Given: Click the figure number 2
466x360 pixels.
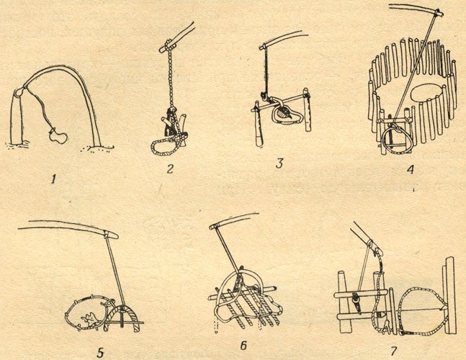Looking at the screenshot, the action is (x=170, y=168).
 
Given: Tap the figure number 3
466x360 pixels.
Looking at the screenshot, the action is (x=279, y=163).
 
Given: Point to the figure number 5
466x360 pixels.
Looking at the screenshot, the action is (x=100, y=353).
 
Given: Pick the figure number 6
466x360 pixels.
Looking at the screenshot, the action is (x=243, y=346).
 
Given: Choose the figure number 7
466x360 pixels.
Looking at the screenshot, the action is (x=393, y=351).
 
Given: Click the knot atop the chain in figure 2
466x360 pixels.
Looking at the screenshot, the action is (x=169, y=45).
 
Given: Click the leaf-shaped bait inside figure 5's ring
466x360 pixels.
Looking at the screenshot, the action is (x=89, y=320).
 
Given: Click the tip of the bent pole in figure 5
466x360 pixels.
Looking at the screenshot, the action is (x=117, y=236).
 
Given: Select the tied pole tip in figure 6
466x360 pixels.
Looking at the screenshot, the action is (x=213, y=228).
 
